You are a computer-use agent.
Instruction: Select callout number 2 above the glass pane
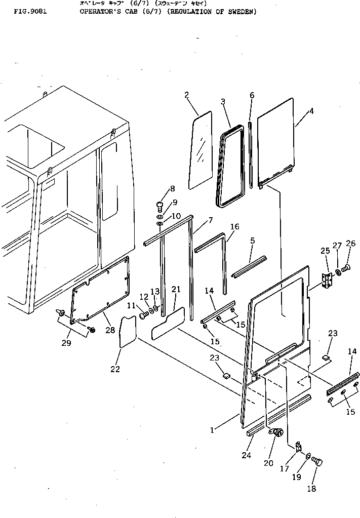pyautogui.click(x=186, y=95)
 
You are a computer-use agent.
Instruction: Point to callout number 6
pyautogui.click(x=252, y=95)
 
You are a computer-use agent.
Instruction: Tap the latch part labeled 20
pyautogui.click(x=276, y=433)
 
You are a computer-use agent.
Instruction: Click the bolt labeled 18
pyautogui.click(x=317, y=461)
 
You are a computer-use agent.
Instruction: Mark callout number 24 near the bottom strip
pyautogui.click(x=247, y=455)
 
